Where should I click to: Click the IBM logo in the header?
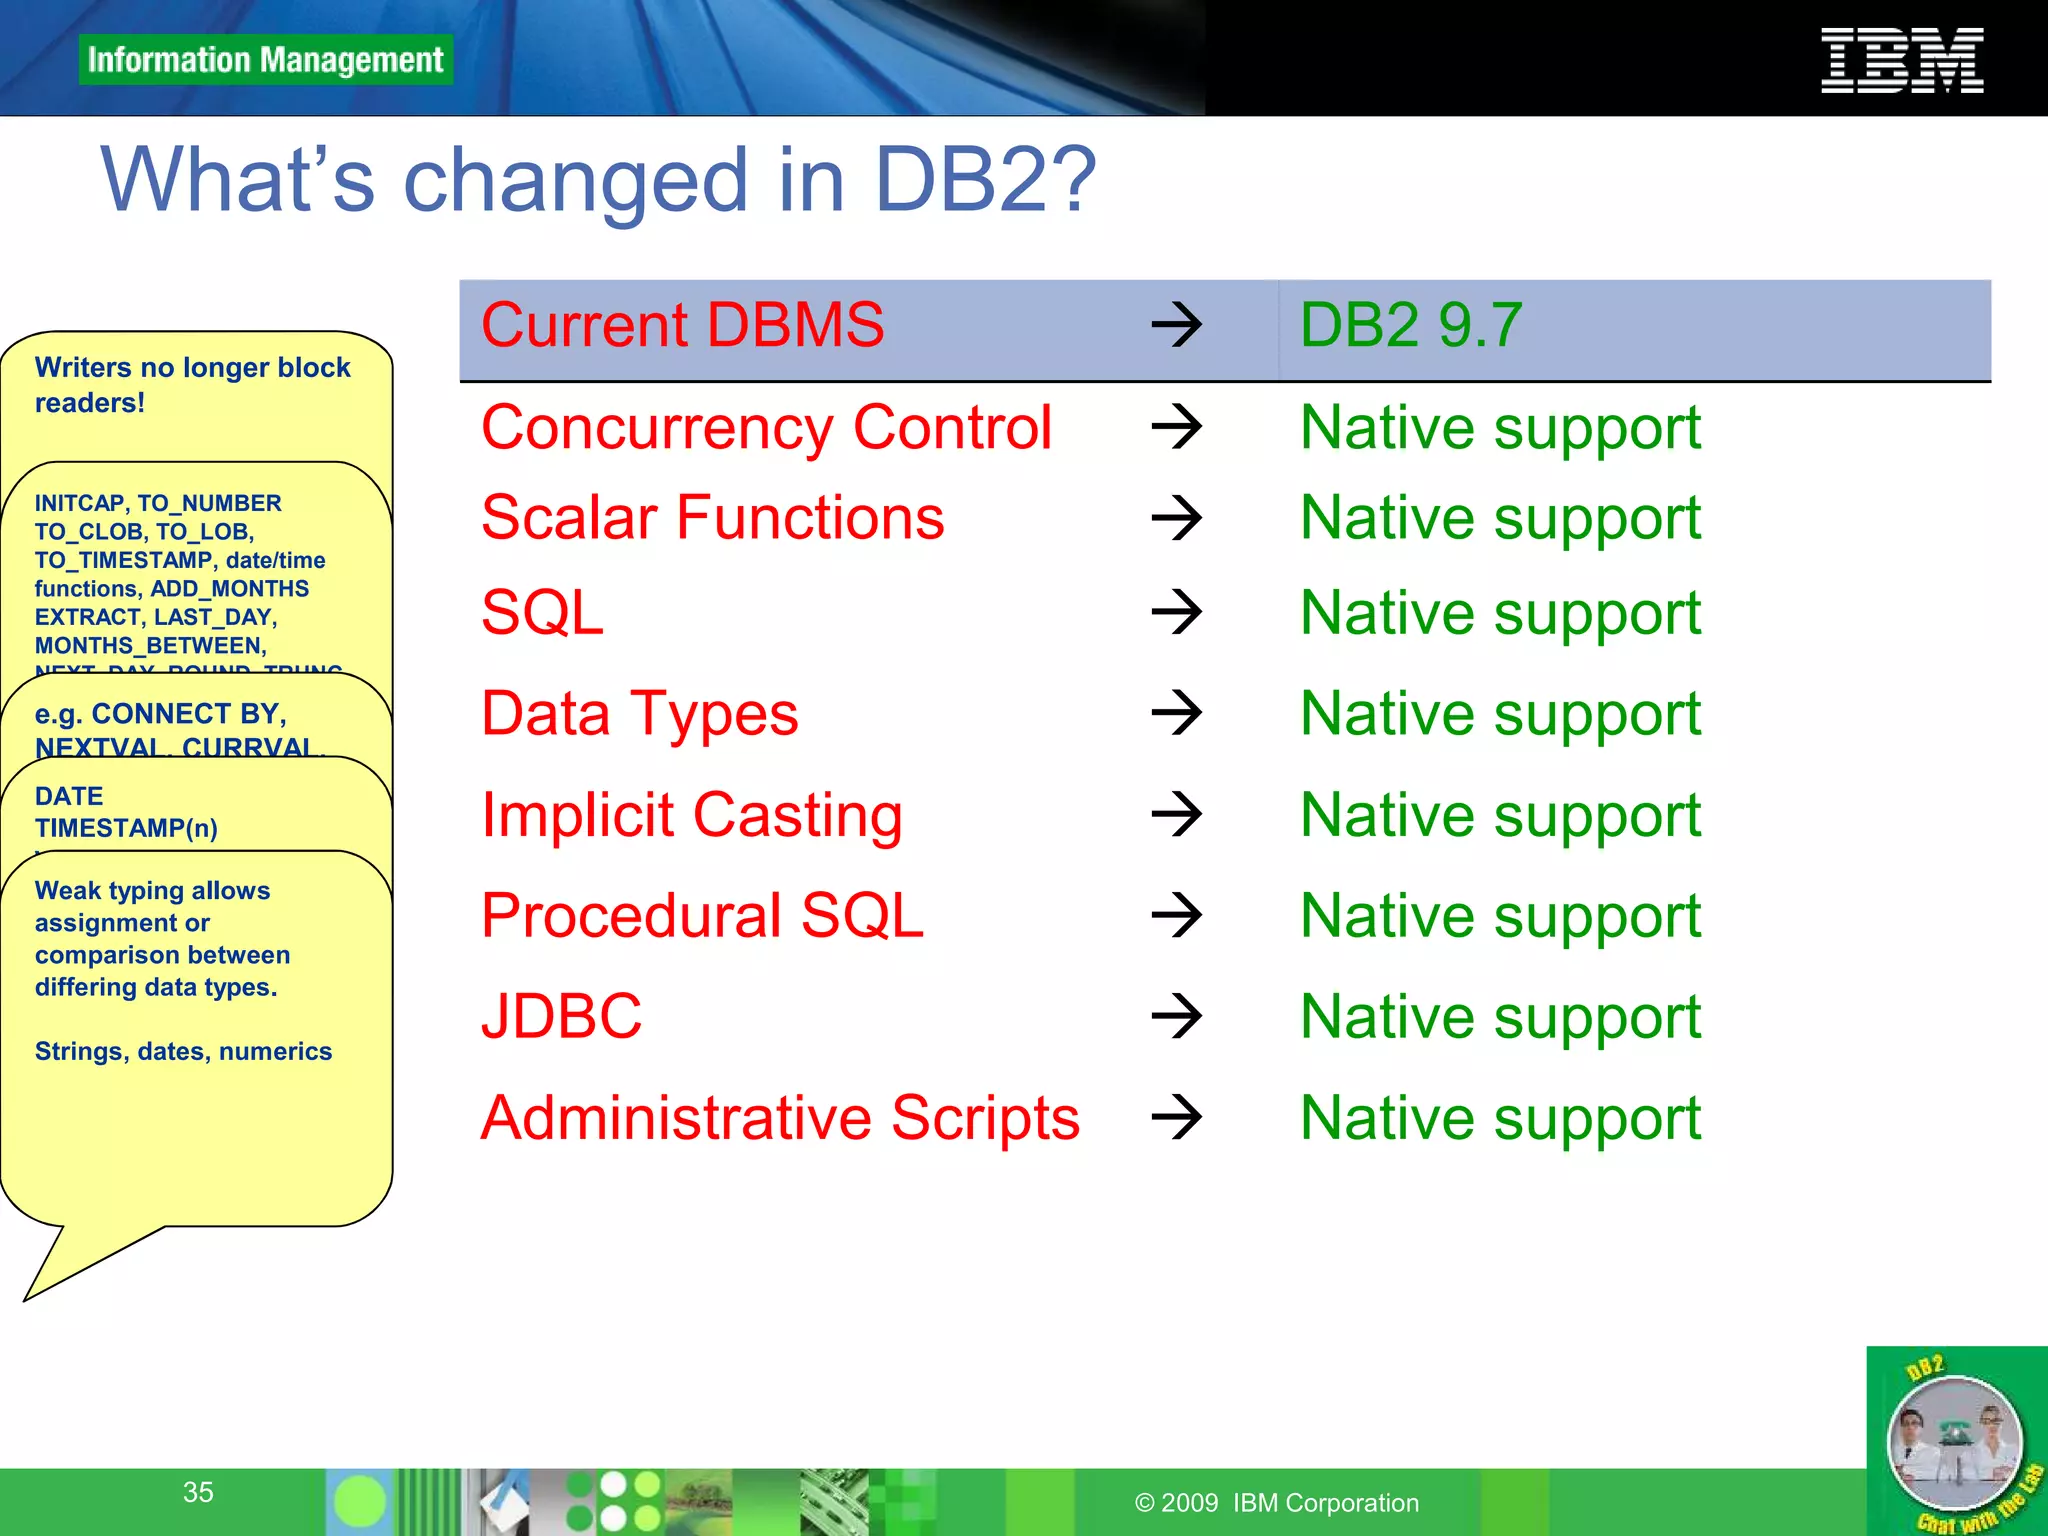(x=1901, y=61)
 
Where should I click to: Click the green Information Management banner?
(x=265, y=60)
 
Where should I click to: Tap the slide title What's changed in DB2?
(x=598, y=180)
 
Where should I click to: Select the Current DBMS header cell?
(x=682, y=325)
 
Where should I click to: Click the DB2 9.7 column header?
(x=1410, y=325)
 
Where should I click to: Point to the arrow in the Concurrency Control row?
(x=1176, y=427)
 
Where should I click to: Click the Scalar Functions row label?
(x=712, y=518)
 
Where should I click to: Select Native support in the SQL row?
(x=1499, y=612)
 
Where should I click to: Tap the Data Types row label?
(x=639, y=714)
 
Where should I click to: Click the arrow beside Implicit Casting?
(x=1176, y=814)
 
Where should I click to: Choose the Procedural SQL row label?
(x=702, y=915)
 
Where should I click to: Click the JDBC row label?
(x=561, y=1016)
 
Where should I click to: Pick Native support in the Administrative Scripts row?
(x=1499, y=1117)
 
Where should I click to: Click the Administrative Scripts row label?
(x=780, y=1117)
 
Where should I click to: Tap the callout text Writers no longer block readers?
(x=192, y=385)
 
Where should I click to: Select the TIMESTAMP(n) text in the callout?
(x=126, y=828)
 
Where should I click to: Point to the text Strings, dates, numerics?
(x=183, y=1051)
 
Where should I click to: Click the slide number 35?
(x=198, y=1492)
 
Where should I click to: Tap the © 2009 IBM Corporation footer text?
(x=1276, y=1502)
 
